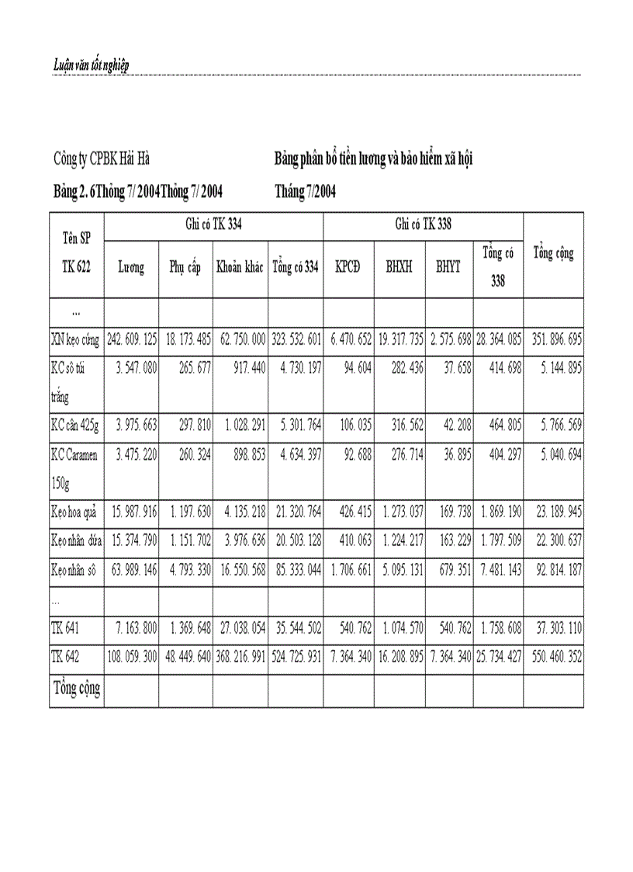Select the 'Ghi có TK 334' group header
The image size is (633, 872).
click(x=213, y=225)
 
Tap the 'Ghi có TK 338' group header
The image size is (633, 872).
click(x=424, y=225)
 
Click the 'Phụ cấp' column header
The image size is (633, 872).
click(x=185, y=268)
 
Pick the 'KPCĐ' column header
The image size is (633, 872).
click(x=348, y=268)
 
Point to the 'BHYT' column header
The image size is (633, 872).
click(x=448, y=268)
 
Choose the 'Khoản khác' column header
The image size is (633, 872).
click(x=240, y=268)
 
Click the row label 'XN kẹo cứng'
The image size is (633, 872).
click(x=76, y=339)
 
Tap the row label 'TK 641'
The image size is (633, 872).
click(x=66, y=627)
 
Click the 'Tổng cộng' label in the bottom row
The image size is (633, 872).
click(x=77, y=688)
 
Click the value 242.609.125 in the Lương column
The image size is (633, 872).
click(x=131, y=339)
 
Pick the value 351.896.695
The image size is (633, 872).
click(x=554, y=339)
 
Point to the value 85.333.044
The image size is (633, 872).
click(x=296, y=569)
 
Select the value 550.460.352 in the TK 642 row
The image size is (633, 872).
click(x=554, y=655)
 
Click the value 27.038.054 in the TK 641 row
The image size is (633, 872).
click(x=240, y=627)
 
